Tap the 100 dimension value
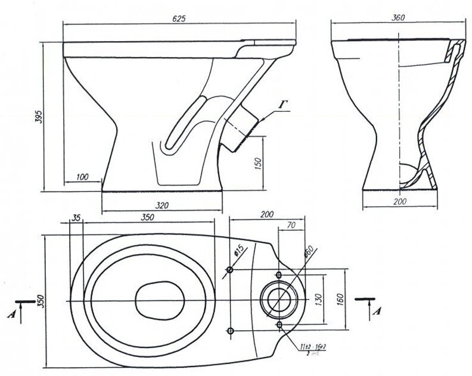point(82,177)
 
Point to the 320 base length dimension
point(162,205)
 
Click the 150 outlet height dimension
point(258,164)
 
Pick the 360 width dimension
point(398,18)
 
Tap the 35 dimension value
point(75,218)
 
